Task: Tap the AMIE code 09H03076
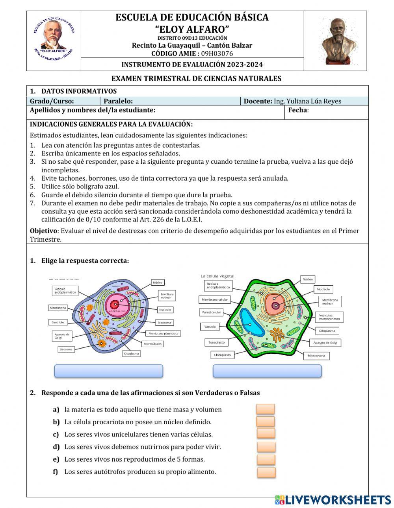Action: (x=217, y=54)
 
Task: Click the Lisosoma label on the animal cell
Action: (x=66, y=349)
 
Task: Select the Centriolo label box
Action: (x=58, y=322)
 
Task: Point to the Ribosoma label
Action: (x=164, y=322)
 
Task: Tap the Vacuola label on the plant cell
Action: (x=210, y=327)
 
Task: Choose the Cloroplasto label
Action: (x=222, y=355)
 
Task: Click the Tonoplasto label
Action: (x=216, y=342)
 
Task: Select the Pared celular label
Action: (x=212, y=312)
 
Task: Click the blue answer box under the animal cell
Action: (x=108, y=371)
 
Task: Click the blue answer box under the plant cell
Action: (x=267, y=371)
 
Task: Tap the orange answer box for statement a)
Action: (x=266, y=409)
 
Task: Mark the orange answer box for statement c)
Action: (x=266, y=434)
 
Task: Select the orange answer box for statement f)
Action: (x=266, y=472)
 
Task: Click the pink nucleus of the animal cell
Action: (x=115, y=304)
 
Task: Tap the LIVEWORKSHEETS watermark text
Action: (x=338, y=500)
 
